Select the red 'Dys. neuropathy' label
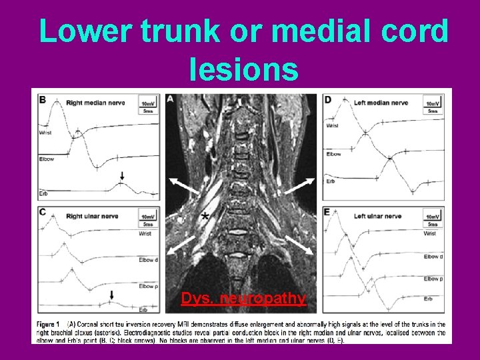(x=243, y=298)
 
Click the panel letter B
(x=43, y=100)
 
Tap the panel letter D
(x=327, y=100)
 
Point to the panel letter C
(x=43, y=213)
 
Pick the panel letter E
(x=327, y=213)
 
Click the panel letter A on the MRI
(x=171, y=99)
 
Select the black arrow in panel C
(x=112, y=295)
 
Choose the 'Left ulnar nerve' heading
(x=377, y=216)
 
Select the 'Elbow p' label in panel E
(x=433, y=279)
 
